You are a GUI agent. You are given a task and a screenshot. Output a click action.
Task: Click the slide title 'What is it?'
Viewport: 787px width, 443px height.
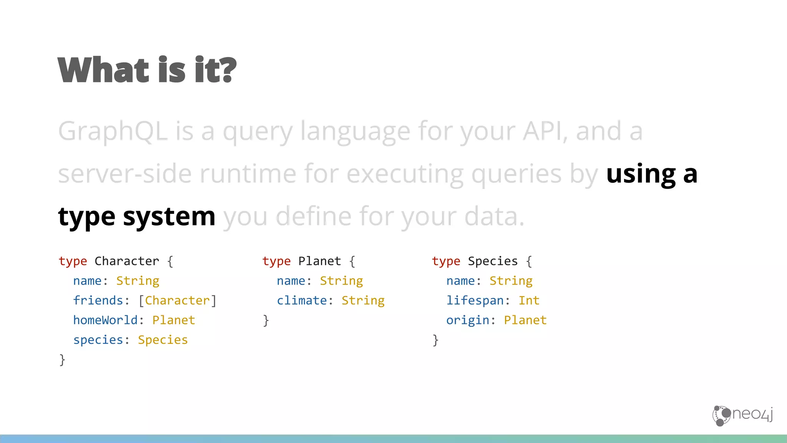(147, 70)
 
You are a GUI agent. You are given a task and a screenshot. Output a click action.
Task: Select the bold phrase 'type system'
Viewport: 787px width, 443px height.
(136, 217)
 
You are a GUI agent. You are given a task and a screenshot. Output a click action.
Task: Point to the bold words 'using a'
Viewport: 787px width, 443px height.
(651, 174)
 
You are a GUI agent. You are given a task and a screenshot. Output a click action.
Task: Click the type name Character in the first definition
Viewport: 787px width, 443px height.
(127, 261)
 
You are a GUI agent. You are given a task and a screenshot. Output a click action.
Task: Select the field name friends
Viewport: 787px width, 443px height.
(98, 300)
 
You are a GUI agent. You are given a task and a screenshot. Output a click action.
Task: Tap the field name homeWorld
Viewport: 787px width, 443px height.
(105, 320)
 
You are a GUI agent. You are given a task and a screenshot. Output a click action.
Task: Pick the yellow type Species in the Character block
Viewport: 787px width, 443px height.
(163, 340)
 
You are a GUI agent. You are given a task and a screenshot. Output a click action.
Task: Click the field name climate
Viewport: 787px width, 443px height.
(302, 300)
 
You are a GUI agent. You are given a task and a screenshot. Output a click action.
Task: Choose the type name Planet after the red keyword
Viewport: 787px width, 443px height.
(320, 261)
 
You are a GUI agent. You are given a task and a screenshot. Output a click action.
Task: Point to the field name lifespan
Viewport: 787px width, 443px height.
(475, 300)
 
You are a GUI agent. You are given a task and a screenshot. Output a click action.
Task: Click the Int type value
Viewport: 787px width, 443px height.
(529, 300)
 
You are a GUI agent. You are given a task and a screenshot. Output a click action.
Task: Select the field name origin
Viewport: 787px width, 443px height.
(468, 320)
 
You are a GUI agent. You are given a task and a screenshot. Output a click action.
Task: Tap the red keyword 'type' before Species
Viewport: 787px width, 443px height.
(446, 261)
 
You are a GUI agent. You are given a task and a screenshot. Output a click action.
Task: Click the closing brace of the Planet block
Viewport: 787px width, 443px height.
(266, 320)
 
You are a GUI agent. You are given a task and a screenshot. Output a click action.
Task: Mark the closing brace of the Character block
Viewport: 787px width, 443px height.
(62, 360)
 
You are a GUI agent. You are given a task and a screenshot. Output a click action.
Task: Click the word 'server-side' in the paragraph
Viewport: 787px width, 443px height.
(125, 174)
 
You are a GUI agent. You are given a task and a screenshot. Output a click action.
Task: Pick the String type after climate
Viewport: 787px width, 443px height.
(363, 300)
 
